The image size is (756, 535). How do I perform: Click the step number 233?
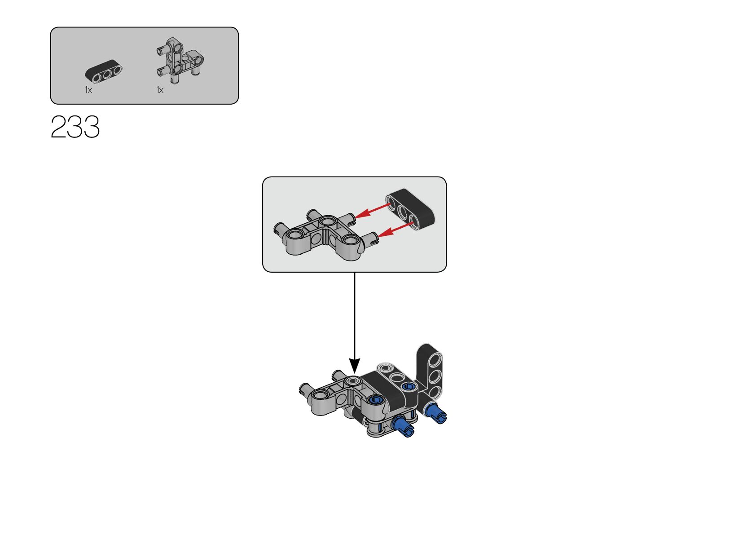tap(75, 127)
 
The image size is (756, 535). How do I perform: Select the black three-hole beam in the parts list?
tap(104, 73)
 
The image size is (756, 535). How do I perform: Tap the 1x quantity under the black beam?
tap(88, 90)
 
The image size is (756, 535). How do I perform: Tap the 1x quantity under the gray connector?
tap(160, 90)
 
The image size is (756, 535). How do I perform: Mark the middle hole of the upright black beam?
tap(434, 375)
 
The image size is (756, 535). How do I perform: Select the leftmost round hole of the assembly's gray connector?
tap(320, 395)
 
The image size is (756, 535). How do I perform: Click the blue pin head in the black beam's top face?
tap(409, 386)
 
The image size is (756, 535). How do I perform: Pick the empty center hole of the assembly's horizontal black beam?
tap(396, 377)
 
